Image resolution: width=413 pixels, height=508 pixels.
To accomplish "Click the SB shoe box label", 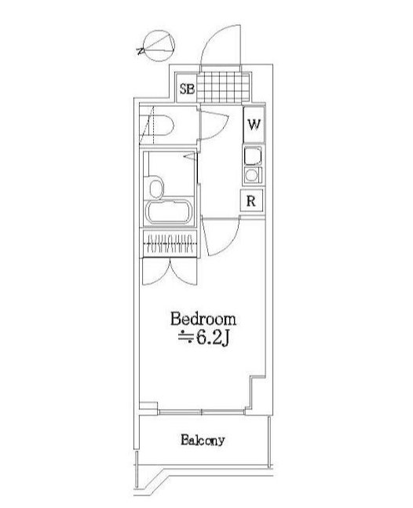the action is click(187, 89).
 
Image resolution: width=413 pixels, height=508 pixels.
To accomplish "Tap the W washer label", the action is click(254, 124).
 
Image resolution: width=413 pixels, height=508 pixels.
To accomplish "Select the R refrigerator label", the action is click(251, 201).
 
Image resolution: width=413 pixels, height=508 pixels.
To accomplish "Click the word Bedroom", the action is click(203, 319).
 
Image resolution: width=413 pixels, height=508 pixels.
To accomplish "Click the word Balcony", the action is click(203, 440).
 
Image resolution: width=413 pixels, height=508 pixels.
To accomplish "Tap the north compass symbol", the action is click(157, 46).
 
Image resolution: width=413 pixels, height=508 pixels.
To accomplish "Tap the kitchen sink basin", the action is click(253, 156).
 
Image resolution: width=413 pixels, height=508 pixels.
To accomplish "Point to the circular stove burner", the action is click(251, 176).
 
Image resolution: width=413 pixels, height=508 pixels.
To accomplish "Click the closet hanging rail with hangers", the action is click(170, 243).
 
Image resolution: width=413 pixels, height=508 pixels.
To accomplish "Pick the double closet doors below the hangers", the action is click(170, 272).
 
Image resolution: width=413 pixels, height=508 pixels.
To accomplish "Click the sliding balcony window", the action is click(202, 411).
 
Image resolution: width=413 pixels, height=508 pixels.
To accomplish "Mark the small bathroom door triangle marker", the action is click(191, 156).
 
